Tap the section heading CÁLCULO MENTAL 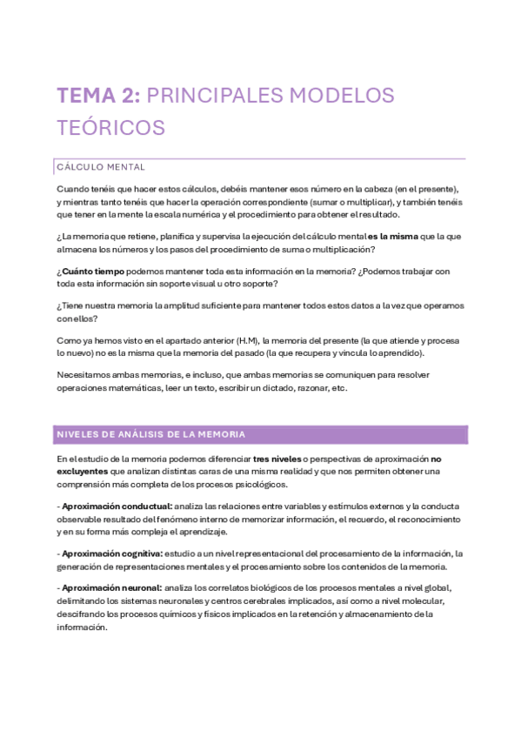point(100,166)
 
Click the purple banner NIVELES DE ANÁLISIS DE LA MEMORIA point(150,434)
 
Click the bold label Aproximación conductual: point(116,507)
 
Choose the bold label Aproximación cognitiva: point(111,554)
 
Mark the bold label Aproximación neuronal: point(110,588)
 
